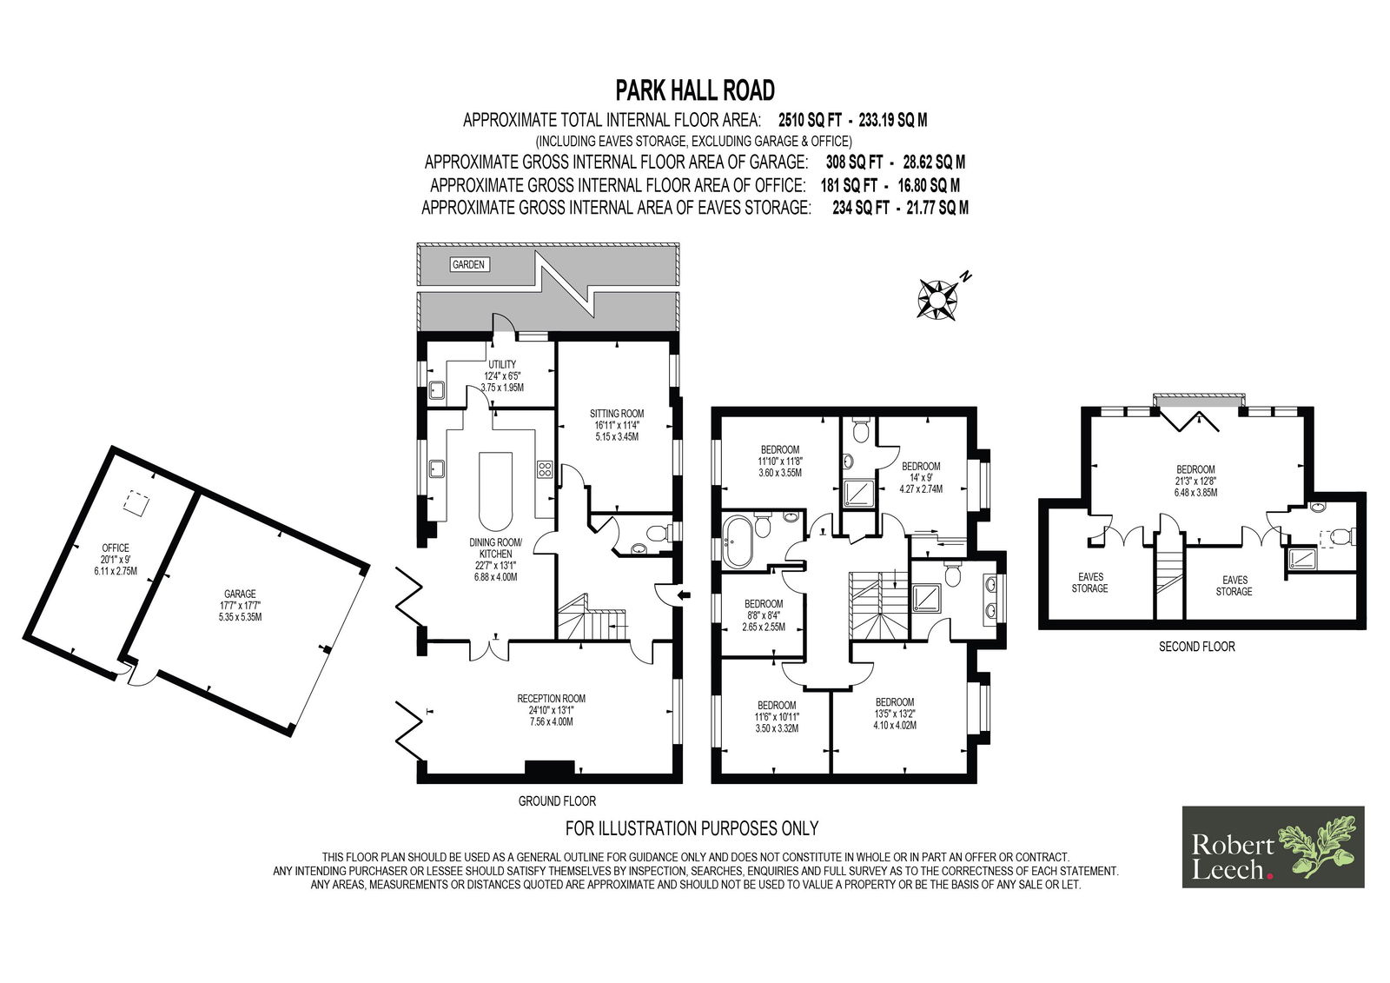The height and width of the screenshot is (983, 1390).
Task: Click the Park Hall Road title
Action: (x=695, y=90)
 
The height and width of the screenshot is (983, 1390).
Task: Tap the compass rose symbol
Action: (x=937, y=299)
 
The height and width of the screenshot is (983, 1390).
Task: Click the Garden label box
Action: (x=468, y=264)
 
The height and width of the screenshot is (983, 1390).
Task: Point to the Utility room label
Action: (x=502, y=375)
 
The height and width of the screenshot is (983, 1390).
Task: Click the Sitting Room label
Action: (x=617, y=425)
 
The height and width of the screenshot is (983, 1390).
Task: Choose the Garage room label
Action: (x=240, y=605)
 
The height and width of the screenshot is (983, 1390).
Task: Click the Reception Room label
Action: (x=551, y=710)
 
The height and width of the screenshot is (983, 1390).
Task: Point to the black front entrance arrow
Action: (x=685, y=595)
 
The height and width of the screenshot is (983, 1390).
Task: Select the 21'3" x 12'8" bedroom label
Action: (x=1195, y=481)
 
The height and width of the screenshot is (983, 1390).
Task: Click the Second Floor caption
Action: (x=1197, y=647)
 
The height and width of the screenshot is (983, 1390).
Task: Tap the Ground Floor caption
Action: (x=557, y=801)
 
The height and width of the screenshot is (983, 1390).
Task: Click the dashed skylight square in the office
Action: (x=134, y=501)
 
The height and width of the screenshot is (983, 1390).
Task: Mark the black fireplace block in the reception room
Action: (x=550, y=768)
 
